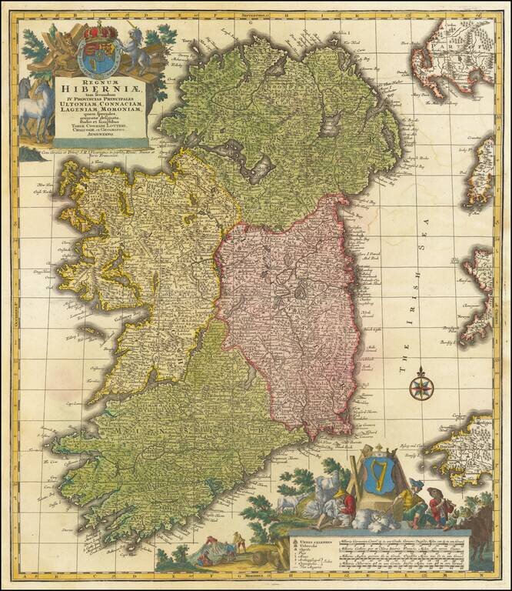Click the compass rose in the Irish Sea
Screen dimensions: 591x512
click(x=420, y=386)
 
